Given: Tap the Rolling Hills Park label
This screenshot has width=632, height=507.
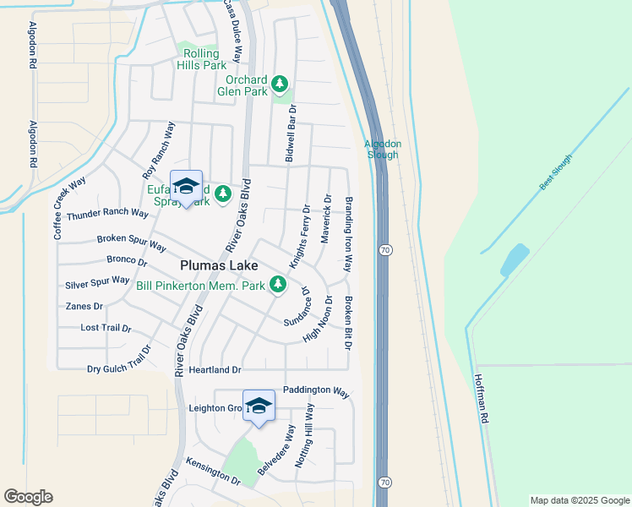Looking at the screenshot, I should coord(201,59).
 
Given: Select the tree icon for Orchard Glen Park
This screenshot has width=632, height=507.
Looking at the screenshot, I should coord(280,84).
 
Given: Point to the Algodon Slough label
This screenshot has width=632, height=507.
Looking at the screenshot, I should coord(383,149).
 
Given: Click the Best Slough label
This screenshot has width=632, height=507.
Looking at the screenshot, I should coord(556,172).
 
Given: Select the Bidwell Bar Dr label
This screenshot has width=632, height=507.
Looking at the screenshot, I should coord(291,134).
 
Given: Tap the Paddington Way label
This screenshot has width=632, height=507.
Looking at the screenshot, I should coord(316,391).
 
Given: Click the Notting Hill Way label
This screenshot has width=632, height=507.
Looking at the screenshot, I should coord(304,435).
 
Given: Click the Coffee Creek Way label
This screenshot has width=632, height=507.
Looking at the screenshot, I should coord(70,209).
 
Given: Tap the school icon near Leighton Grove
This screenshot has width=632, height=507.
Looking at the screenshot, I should coord(259,405).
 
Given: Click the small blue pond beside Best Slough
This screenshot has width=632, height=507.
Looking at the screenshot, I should coord(514,259).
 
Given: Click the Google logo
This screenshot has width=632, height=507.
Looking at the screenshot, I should coord(28,497).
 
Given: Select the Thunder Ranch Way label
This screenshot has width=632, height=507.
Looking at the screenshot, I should coord(107,214).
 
